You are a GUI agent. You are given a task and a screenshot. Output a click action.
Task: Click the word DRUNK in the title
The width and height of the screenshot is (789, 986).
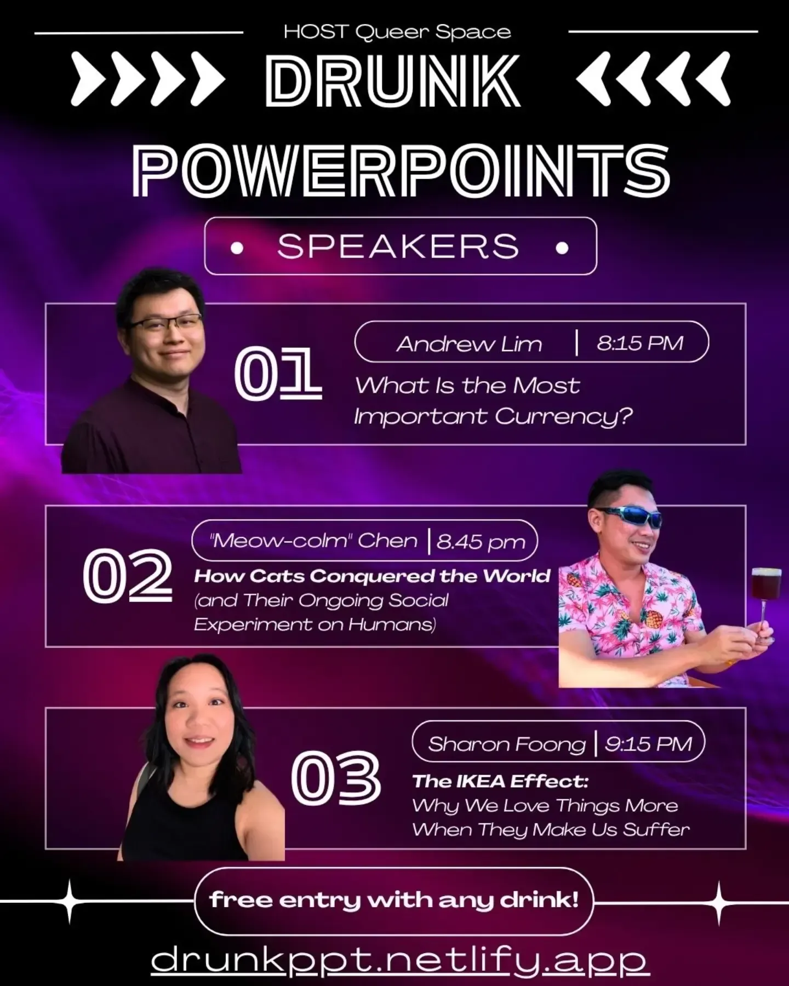pos(392,81)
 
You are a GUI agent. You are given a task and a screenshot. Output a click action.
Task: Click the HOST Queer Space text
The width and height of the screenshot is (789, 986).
pos(397,32)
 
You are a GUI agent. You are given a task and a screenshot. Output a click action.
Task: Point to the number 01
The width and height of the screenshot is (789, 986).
pos(278,373)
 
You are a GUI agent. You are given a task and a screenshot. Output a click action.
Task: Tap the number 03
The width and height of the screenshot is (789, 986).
pos(335,778)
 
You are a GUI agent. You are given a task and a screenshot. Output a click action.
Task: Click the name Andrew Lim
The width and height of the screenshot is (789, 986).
pos(469,344)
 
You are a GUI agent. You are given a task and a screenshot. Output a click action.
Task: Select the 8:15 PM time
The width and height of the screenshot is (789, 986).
pos(640,343)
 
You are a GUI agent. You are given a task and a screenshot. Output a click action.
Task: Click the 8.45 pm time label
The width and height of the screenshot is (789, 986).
pos(481,542)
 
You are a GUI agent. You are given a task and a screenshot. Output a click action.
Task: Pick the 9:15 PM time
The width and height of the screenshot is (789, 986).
pos(648,744)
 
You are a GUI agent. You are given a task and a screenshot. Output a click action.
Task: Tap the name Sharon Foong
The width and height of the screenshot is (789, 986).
pos(507,744)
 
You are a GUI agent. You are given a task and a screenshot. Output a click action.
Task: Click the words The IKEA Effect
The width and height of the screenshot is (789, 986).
pos(500,781)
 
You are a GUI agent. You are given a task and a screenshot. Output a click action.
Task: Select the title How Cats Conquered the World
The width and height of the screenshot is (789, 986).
pos(372,576)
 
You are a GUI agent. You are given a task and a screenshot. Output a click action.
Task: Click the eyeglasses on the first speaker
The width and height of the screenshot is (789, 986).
pos(166,323)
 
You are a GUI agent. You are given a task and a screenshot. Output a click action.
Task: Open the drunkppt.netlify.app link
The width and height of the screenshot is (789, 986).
pos(401,959)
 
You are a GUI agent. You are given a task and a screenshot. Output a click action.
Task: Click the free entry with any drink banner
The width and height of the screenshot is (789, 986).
pos(394,900)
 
